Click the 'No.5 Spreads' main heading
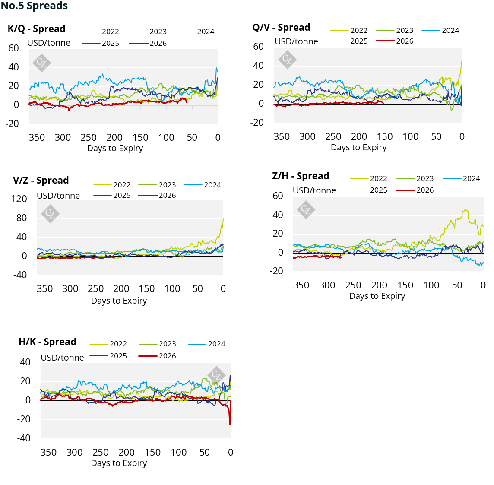pos(34,5)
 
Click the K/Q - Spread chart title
pos(37,29)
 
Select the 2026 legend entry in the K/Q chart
pos(148,43)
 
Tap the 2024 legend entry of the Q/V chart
pos(440,30)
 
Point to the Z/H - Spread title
pos(301,176)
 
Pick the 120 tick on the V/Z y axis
pos(19,199)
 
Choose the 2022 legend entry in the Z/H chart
pos(369,178)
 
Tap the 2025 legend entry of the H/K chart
pos(108,356)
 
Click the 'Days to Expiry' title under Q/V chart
pos(358,147)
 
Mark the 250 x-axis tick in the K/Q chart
pos(89,137)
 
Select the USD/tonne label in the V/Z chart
pos(58,196)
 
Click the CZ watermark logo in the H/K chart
pos(216,375)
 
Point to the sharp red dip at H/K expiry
pos(230,424)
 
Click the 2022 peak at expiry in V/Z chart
pos(223,219)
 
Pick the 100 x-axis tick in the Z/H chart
pos(431,285)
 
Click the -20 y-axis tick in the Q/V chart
pos(257,122)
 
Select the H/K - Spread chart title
pos(47,342)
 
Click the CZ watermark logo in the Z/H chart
pos(306,209)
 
